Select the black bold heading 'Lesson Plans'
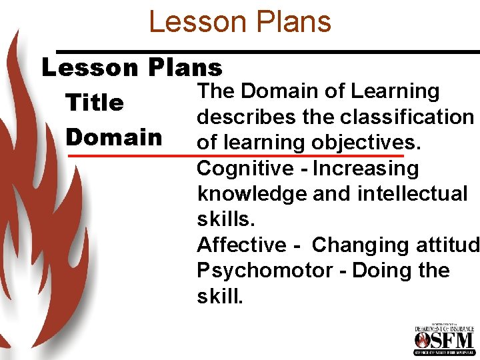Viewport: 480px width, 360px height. (132, 67)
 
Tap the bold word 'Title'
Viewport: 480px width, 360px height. (94, 103)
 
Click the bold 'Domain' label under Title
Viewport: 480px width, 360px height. (114, 137)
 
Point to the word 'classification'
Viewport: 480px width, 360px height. (407, 117)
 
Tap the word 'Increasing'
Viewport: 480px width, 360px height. (365, 168)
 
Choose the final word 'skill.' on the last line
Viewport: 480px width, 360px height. (221, 296)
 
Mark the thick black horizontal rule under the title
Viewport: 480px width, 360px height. (267, 51)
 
